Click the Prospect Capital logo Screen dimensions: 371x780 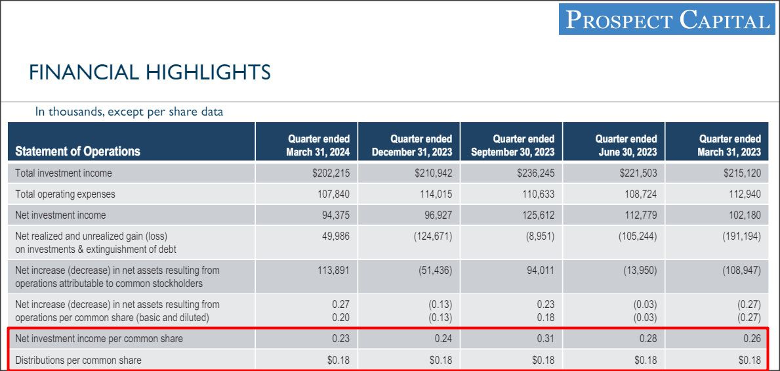point(667,20)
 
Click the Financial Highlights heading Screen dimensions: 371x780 point(150,72)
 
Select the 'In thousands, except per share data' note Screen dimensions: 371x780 point(129,112)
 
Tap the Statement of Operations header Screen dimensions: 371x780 point(77,151)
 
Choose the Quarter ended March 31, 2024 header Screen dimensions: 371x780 point(318,145)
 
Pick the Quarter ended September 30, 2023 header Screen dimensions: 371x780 point(512,145)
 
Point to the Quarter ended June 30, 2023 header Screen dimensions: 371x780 point(626,145)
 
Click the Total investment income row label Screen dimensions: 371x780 point(64,173)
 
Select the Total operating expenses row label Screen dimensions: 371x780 point(65,194)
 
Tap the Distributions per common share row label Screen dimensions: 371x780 point(78,360)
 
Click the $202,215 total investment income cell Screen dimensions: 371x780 point(331,173)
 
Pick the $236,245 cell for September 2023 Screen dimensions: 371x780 point(535,173)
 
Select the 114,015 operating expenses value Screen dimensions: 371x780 point(436,194)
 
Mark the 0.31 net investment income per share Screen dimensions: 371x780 point(545,339)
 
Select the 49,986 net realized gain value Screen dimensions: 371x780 point(336,236)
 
